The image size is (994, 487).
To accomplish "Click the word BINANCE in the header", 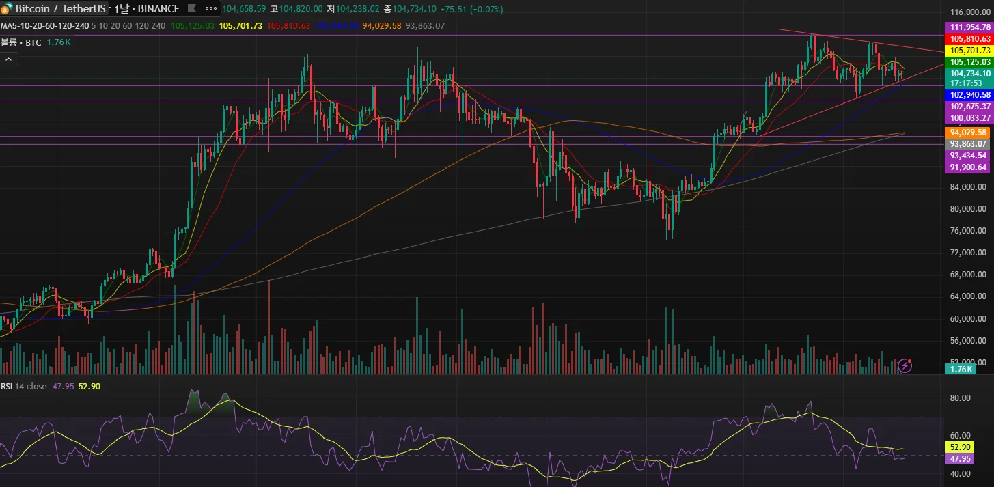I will [x=158, y=9].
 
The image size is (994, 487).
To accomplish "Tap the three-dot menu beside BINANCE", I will [x=211, y=9].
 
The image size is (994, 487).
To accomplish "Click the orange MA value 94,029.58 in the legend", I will [x=381, y=26].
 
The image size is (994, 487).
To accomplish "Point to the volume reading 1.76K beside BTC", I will [x=59, y=42].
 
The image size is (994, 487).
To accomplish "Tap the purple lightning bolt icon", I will [x=905, y=365].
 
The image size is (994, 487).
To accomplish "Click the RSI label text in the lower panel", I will [x=6, y=386].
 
